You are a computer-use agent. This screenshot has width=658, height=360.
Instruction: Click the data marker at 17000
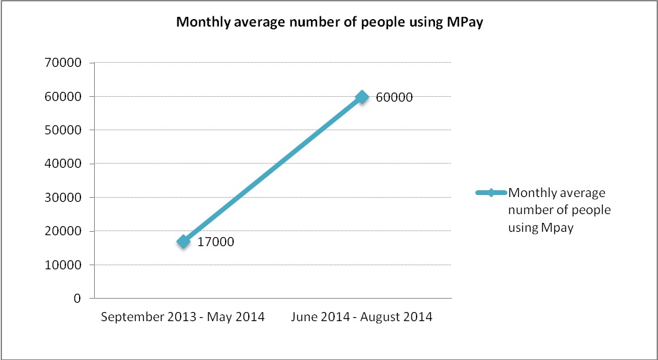pyautogui.click(x=183, y=241)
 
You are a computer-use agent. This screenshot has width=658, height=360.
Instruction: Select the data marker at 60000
pyautogui.click(x=362, y=97)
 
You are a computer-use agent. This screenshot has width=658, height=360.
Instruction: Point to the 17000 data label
pyautogui.click(x=215, y=242)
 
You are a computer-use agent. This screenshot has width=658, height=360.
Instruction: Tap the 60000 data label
pyautogui.click(x=394, y=97)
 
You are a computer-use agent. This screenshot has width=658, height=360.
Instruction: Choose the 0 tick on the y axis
pyautogui.click(x=77, y=299)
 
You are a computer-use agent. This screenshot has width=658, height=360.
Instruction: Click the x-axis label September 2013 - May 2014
pyautogui.click(x=183, y=318)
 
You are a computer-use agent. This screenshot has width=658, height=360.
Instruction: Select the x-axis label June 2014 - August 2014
pyautogui.click(x=361, y=318)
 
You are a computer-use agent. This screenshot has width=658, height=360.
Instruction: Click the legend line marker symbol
pyautogui.click(x=490, y=193)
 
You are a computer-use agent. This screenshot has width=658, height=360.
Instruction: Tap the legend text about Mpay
pyautogui.click(x=559, y=210)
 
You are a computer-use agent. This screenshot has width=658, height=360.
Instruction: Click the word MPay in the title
pyautogui.click(x=474, y=22)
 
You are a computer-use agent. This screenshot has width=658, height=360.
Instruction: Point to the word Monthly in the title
pyautogui.click(x=200, y=22)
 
